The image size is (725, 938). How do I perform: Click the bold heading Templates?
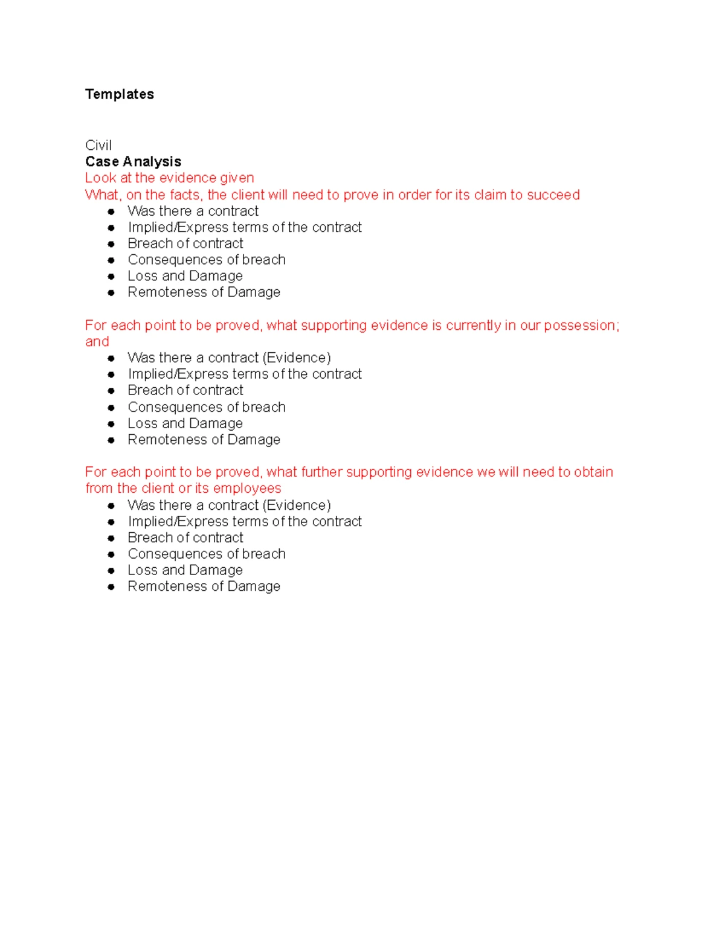[120, 94]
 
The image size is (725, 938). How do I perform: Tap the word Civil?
[98, 146]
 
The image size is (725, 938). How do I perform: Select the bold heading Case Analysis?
[133, 162]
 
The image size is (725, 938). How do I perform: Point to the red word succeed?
[553, 195]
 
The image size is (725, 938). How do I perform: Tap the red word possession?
[581, 326]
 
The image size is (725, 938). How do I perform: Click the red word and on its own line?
[97, 342]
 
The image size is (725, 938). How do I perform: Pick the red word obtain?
[593, 472]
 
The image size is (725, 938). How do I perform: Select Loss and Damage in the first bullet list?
[185, 276]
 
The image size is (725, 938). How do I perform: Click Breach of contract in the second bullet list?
[185, 391]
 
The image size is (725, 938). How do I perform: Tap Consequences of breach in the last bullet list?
[206, 554]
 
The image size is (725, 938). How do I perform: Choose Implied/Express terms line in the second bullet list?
[244, 374]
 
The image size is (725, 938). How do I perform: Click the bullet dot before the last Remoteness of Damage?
[111, 586]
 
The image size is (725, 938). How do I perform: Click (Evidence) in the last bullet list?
[297, 506]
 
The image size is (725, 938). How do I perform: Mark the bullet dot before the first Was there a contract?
[111, 211]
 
